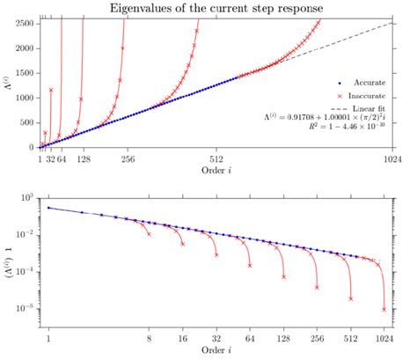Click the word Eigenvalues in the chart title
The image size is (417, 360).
[140, 9]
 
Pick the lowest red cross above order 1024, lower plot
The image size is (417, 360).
[384, 309]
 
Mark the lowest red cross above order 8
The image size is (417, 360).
[150, 234]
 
